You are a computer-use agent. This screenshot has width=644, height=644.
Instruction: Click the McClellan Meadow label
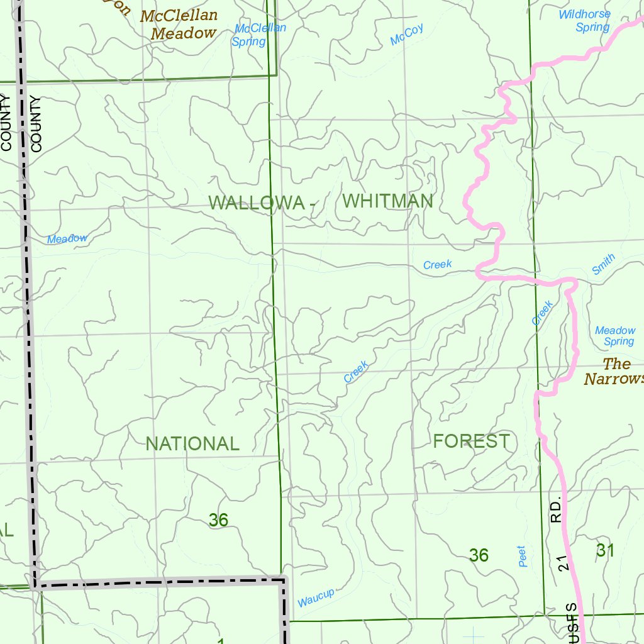(x=179, y=25)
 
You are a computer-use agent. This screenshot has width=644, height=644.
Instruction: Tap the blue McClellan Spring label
(x=258, y=35)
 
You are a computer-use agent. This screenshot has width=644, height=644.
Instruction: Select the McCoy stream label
(x=406, y=35)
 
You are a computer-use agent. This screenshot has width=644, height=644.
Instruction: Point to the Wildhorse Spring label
(x=584, y=20)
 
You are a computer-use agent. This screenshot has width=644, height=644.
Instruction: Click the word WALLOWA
(x=257, y=203)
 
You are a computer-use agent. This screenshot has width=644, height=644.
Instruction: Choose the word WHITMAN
(x=388, y=201)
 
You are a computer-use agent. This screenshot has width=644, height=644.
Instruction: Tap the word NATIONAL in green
(x=192, y=443)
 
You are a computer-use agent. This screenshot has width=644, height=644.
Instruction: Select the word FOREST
(x=471, y=441)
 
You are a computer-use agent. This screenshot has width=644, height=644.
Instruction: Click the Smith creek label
(x=603, y=265)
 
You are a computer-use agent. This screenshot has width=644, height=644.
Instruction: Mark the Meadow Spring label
(x=616, y=336)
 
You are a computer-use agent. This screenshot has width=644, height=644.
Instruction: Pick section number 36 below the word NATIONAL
(x=218, y=520)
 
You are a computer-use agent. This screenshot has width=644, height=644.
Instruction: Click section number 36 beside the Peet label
(x=479, y=555)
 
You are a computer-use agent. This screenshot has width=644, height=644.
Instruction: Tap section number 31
(x=604, y=550)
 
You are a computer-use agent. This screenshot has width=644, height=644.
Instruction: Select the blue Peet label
(x=522, y=557)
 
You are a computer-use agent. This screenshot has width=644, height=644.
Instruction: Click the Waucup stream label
(x=316, y=597)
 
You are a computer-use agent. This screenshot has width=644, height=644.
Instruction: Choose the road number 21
(x=564, y=563)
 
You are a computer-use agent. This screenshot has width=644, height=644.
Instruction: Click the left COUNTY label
(x=7, y=123)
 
